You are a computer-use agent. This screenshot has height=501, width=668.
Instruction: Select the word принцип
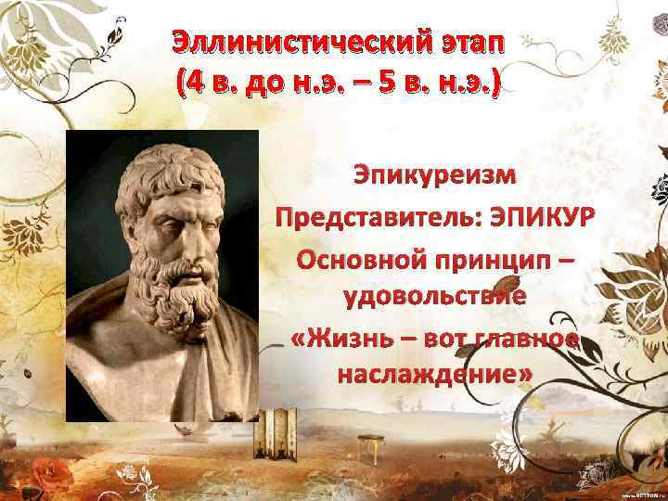[504, 262]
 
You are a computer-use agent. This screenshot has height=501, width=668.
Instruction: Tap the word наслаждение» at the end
[434, 374]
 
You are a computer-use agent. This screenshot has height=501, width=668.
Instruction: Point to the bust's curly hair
[176, 162]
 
